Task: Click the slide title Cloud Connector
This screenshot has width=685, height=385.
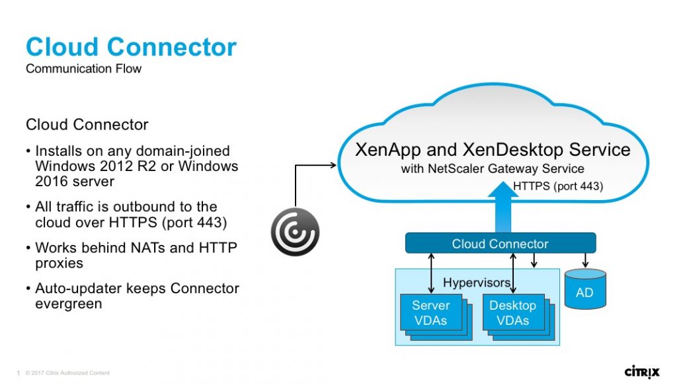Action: [x=131, y=48]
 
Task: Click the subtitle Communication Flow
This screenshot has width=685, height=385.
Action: [x=83, y=69]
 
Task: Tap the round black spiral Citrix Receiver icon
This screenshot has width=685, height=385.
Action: [x=295, y=232]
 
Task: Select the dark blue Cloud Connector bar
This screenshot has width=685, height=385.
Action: [x=500, y=244]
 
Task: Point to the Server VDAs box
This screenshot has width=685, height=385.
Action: [x=430, y=313]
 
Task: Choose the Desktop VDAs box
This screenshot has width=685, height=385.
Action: [x=512, y=313]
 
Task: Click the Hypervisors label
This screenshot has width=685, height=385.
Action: [x=476, y=283]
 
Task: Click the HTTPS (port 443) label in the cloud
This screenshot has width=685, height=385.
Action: [x=558, y=186]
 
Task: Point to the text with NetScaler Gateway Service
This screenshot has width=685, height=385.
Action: [x=493, y=169]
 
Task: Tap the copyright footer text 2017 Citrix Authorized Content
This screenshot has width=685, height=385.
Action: [x=67, y=373]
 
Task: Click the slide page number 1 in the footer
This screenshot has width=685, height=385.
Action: [x=18, y=373]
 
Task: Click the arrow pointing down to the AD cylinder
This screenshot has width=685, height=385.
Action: [x=585, y=261]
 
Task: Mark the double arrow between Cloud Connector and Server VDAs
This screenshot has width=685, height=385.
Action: [x=431, y=273]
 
